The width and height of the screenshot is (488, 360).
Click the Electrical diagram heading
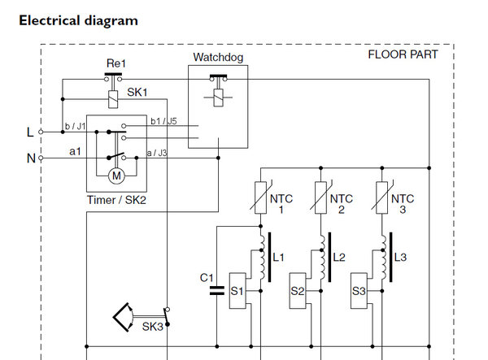point(78,20)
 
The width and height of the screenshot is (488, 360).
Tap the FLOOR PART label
point(403,54)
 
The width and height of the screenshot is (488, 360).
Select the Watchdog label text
point(217,58)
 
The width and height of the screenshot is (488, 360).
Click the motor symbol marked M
point(115,175)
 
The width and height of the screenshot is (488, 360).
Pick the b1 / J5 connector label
point(163,122)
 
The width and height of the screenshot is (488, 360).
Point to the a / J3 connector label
point(157,152)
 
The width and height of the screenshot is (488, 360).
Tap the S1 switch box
point(238,290)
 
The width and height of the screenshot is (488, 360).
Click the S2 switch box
point(298,290)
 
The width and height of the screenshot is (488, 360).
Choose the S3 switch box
point(359,290)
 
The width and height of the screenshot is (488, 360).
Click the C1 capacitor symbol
point(216,288)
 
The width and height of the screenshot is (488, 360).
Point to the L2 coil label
point(340,258)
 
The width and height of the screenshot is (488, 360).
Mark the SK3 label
point(153,327)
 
